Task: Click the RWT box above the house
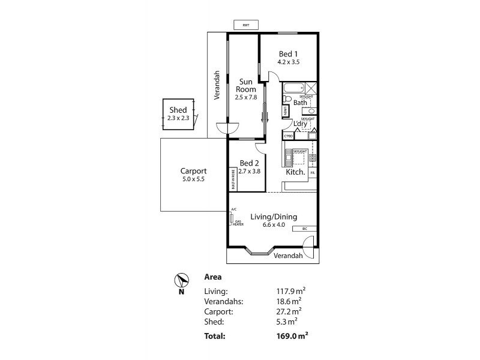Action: (245, 25)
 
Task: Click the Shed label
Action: (178, 110)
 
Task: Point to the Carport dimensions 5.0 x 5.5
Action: (193, 179)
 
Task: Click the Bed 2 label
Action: (248, 163)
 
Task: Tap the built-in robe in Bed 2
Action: (232, 179)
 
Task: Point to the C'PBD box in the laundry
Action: (288, 136)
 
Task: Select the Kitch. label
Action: (296, 172)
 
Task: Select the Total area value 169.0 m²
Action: (285, 337)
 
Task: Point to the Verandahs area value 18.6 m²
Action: (285, 301)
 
